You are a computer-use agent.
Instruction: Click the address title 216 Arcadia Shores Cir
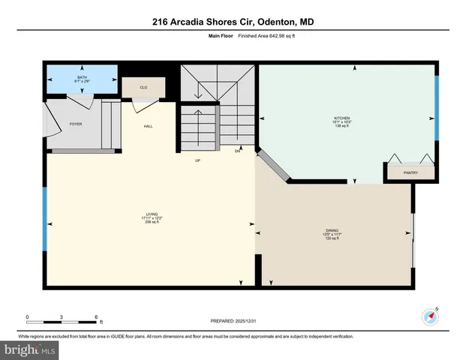pos(233,22)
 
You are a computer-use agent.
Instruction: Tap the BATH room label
pos(82,77)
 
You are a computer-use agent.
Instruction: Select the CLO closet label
pos(143,88)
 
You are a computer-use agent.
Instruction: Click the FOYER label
pos(76,124)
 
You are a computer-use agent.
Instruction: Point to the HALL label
pos(149,126)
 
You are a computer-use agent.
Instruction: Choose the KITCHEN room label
pos(342,118)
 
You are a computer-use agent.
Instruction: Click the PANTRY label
pos(410,172)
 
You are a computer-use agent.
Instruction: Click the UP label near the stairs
pos(198,160)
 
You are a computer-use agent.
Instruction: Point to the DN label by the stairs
pos(236,151)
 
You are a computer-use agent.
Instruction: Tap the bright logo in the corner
pos(30,350)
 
